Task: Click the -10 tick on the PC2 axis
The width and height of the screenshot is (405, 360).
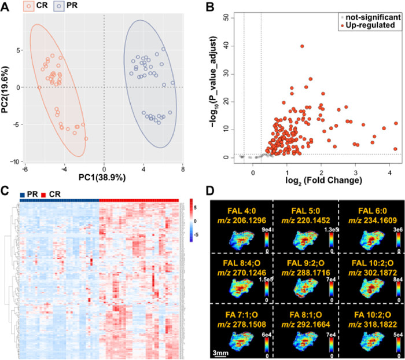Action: tap(19, 161)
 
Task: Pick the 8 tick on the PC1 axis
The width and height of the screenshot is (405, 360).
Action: tap(183, 168)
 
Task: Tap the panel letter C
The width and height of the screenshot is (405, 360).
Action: tap(6, 189)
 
